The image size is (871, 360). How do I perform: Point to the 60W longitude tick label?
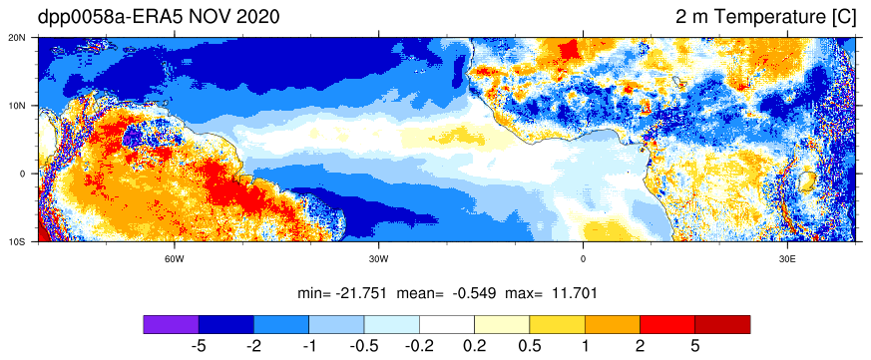175,259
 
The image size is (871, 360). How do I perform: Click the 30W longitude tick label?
379,259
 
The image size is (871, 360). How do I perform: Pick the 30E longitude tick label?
787,259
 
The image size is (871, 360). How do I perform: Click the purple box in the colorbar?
171,324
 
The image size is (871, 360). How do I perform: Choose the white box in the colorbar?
447,324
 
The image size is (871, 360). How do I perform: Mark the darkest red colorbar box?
722,324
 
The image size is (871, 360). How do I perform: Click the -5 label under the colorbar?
199,347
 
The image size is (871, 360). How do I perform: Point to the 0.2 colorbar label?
474,347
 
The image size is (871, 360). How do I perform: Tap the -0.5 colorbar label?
364,347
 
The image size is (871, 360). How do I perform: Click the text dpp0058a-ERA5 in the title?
110,18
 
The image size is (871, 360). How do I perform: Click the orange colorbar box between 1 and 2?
613,324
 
